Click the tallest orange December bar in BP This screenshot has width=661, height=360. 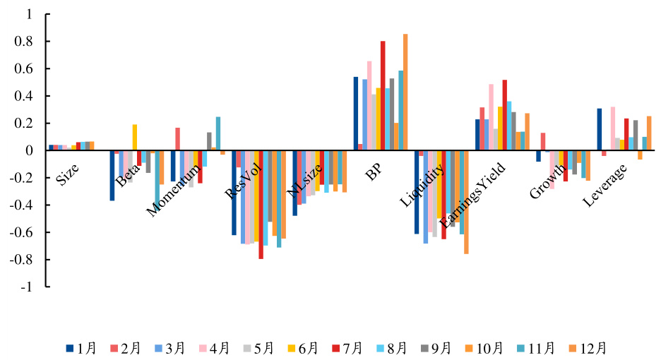405,92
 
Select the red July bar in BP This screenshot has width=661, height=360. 383,95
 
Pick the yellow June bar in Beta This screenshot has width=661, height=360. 135,138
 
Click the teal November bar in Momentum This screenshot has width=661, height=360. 218,133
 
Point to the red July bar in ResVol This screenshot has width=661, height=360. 261,205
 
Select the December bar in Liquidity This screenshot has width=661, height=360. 466,202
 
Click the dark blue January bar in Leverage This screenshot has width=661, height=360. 600,129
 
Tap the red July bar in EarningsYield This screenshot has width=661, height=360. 505,115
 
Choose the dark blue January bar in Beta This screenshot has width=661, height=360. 112,175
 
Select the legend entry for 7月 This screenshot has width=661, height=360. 351,347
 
